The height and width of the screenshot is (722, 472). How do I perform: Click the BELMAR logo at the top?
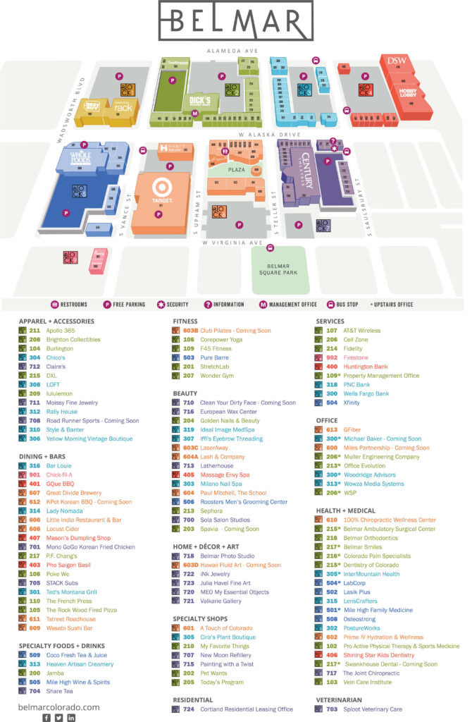[x=235, y=23]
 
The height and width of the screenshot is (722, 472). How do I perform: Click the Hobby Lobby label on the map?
[x=408, y=92]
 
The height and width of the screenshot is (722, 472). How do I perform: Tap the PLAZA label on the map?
[x=235, y=169]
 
